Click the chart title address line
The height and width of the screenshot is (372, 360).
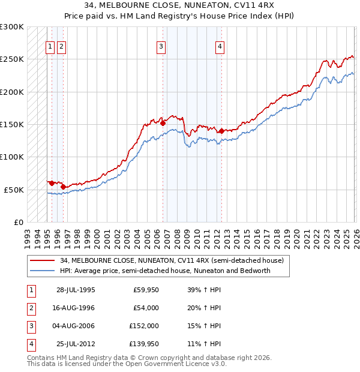[179, 6]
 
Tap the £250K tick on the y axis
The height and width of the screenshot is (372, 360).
[12, 59]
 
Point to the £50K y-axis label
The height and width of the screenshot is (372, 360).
[14, 190]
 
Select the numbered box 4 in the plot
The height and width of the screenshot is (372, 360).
[220, 47]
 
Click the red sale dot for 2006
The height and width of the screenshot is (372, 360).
[163, 123]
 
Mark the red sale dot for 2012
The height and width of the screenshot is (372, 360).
[221, 131]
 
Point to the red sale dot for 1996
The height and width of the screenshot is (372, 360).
[63, 187]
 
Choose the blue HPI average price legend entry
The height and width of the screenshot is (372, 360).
[165, 271]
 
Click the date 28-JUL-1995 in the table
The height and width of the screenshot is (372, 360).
[76, 290]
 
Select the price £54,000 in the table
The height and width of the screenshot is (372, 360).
[145, 308]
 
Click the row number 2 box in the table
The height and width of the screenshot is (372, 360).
[31, 308]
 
